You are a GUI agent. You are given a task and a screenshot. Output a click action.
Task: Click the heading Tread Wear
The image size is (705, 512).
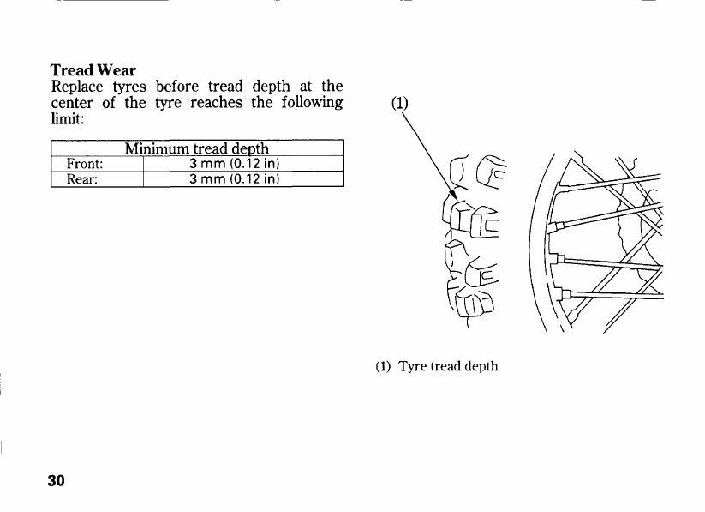click(x=93, y=69)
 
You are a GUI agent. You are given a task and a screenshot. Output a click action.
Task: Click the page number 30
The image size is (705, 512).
click(x=57, y=479)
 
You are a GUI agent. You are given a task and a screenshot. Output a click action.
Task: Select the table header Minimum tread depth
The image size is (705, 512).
click(x=197, y=148)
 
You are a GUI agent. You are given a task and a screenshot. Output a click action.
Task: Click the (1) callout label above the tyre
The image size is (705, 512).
click(x=400, y=103)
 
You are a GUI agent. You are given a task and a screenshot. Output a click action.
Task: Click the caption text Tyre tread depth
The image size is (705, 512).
click(x=448, y=366)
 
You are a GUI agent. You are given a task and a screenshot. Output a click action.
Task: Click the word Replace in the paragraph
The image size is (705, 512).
click(x=77, y=87)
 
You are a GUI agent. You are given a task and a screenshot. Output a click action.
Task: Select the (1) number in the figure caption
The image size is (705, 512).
click(x=383, y=366)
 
